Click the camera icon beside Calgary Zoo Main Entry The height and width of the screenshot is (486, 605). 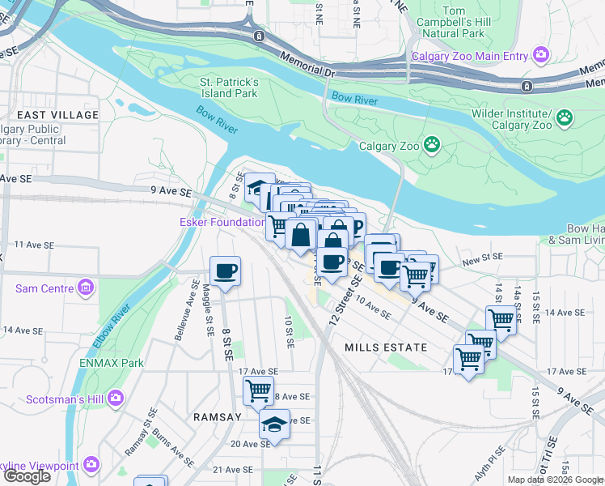click(x=540, y=56)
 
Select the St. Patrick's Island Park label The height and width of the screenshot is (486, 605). click(x=229, y=87)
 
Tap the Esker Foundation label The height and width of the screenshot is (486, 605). click(x=222, y=222)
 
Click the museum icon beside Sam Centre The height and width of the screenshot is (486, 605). click(x=85, y=288)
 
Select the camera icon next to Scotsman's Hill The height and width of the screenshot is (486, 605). click(x=116, y=398)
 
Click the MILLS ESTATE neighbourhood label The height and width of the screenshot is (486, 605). click(x=385, y=347)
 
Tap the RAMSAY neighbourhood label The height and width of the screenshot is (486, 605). click(x=217, y=416)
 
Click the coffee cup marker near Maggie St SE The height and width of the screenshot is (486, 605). click(x=225, y=271)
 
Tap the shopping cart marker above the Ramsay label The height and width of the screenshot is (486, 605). click(x=258, y=391)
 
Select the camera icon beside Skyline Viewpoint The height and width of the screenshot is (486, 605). click(x=91, y=464)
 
